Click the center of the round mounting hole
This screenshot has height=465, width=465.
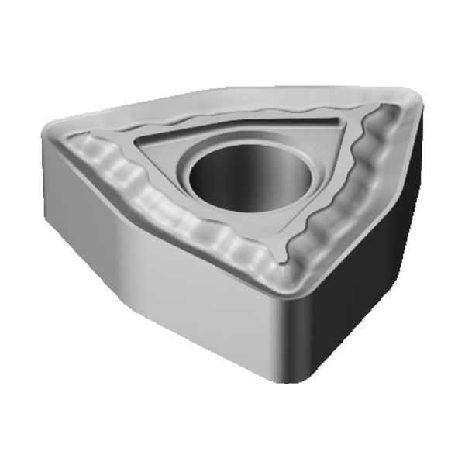click(x=247, y=177)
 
